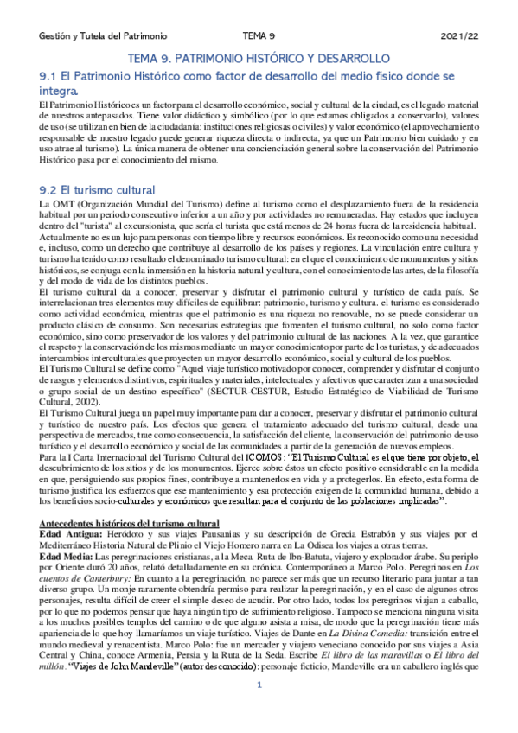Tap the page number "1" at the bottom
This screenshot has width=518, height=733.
pyautogui.click(x=259, y=710)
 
